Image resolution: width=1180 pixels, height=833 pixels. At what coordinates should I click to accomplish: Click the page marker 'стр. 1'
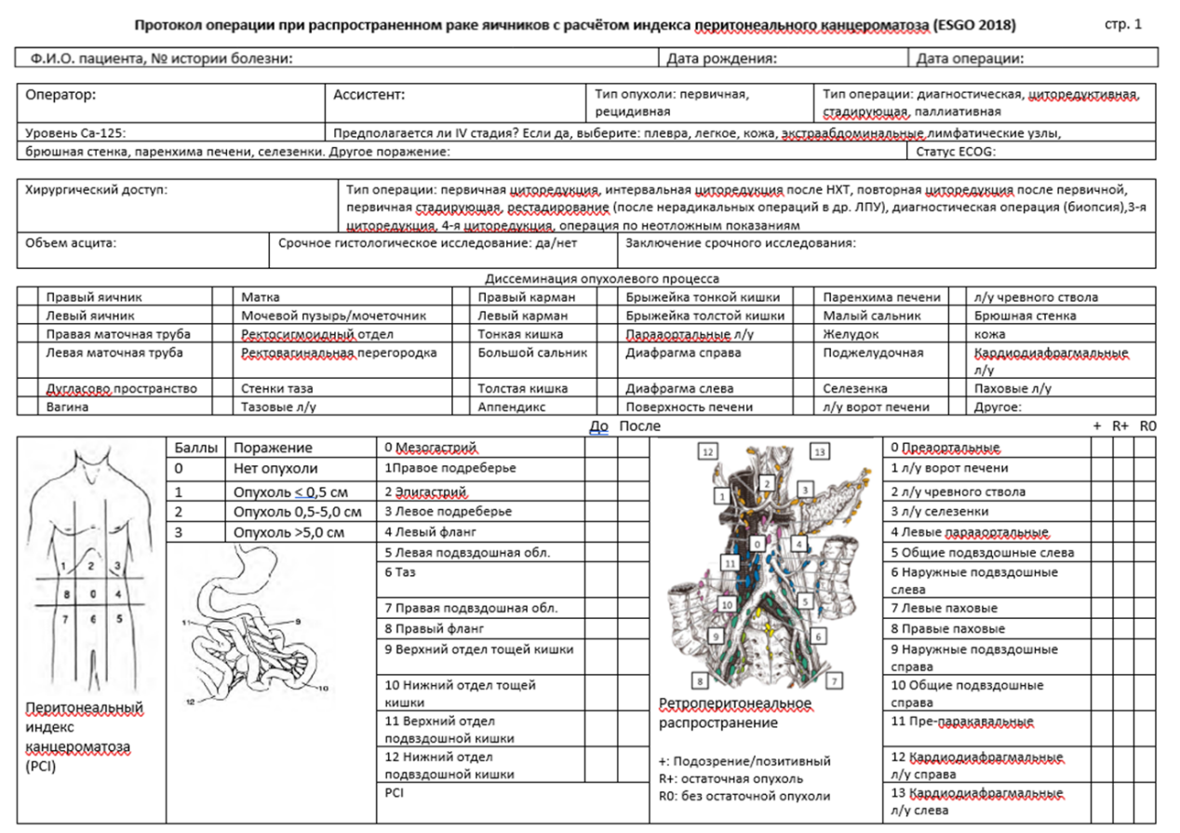click(x=1122, y=24)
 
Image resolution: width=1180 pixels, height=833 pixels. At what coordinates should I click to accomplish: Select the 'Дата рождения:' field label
click(x=722, y=59)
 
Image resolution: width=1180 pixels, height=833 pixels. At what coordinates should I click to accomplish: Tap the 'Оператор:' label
click(x=60, y=95)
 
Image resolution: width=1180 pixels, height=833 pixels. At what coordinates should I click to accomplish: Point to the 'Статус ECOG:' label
click(x=956, y=152)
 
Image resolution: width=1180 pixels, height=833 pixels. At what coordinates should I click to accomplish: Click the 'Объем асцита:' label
click(x=71, y=243)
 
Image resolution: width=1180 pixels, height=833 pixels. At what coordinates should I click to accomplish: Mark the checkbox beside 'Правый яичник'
click(x=27, y=296)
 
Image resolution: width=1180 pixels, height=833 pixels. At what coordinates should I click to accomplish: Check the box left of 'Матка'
click(x=222, y=296)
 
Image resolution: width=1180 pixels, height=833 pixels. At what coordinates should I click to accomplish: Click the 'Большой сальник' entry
click(x=532, y=353)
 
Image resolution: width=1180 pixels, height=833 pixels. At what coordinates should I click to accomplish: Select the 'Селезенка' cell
click(x=855, y=389)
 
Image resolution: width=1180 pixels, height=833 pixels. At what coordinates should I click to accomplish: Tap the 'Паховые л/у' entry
click(x=1012, y=389)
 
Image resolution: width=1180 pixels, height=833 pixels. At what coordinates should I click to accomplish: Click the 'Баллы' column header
click(x=196, y=448)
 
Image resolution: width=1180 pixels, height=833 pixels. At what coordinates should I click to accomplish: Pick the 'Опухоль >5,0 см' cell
click(x=288, y=532)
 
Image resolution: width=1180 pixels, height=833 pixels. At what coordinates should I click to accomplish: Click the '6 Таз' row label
click(x=400, y=572)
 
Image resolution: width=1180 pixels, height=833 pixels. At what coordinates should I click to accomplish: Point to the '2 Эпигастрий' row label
click(x=425, y=491)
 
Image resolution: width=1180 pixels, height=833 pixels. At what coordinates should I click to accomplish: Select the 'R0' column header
click(x=1147, y=426)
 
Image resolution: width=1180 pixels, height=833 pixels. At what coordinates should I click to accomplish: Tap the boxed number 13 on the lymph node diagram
click(x=820, y=451)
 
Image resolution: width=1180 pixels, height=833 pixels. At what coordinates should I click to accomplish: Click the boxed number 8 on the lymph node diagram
click(x=700, y=680)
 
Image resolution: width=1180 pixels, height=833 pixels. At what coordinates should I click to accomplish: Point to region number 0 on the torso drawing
click(x=93, y=594)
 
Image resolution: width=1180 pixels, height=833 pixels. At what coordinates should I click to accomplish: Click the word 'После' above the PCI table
click(x=639, y=426)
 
